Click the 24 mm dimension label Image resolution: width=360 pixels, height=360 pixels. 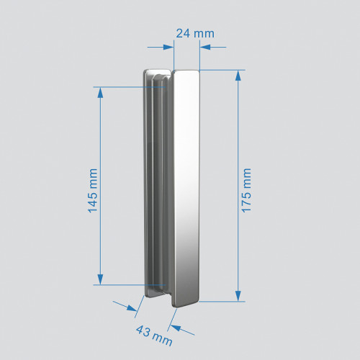coord(195,33)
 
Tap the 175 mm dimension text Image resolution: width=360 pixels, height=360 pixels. coord(246,189)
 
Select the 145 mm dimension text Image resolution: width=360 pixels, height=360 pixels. coord(91,189)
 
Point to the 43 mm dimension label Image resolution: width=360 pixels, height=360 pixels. coord(153,334)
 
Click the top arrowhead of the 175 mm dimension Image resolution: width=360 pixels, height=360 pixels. coord(237,73)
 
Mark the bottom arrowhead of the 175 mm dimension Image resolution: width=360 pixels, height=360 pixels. coord(237,297)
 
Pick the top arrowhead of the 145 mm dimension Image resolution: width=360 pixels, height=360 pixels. coord(101,91)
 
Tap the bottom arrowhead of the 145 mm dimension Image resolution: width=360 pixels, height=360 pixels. coord(101,280)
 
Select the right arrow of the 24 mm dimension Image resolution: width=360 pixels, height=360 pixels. coord(204,48)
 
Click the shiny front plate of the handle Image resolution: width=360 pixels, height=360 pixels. coord(186,187)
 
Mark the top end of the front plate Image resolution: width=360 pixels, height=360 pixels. coord(186,73)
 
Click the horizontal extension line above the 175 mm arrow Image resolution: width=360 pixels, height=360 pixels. coord(223,70)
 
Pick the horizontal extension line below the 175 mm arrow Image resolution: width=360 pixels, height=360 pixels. coord(223,302)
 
